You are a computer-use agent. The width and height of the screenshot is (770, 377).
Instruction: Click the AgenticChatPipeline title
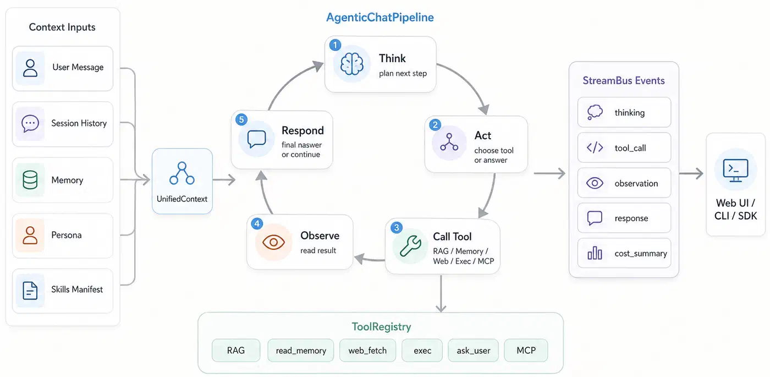380,18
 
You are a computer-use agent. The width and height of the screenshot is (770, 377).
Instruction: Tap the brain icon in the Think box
351,64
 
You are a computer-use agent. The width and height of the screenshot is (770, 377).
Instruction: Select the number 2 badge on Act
435,124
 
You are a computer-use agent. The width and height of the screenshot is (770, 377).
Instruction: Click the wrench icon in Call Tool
410,246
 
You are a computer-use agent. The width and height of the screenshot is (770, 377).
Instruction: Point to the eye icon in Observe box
274,242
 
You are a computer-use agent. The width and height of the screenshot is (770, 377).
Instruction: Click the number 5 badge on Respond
241,119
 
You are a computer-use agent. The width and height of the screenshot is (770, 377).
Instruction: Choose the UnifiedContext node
182,181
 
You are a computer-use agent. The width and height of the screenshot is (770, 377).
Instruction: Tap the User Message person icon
30,68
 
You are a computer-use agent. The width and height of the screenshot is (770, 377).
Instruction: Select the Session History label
79,123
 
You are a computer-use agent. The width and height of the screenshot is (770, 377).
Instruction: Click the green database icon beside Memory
30,180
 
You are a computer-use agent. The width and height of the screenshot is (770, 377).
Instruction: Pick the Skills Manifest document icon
30,291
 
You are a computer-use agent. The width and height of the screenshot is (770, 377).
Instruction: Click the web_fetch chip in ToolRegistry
367,350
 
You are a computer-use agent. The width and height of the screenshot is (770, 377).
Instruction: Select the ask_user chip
474,350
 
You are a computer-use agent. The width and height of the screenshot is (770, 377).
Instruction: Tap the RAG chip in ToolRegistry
236,350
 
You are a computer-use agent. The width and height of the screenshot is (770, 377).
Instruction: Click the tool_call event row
624,147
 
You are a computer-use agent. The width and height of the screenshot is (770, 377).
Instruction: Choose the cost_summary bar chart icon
595,253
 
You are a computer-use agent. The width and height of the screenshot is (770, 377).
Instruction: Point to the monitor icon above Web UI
736,170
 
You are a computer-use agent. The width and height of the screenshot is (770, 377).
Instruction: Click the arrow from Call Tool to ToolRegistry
441,293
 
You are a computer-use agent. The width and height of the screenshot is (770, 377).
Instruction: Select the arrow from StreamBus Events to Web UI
691,173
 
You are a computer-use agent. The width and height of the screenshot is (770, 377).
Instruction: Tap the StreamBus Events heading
624,80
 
